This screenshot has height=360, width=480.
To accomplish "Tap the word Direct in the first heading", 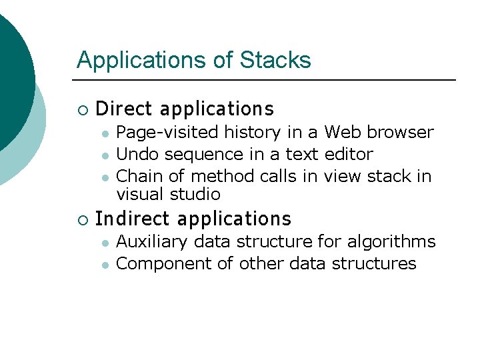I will pyautogui.click(x=124, y=109).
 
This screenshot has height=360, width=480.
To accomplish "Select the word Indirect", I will pyautogui.click(x=134, y=219).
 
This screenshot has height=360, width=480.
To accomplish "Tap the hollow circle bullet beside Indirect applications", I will pyautogui.click(x=82, y=219).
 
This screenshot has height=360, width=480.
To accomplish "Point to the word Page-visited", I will pyautogui.click(x=168, y=133).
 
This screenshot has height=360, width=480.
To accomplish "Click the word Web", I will pyautogui.click(x=343, y=132).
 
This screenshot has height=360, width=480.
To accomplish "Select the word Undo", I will pyautogui.click(x=137, y=154).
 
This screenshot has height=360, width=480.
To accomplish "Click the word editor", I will pyautogui.click(x=349, y=154).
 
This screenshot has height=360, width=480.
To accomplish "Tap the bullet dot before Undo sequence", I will pyautogui.click(x=105, y=155).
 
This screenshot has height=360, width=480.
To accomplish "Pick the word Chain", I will pyautogui.click(x=139, y=176).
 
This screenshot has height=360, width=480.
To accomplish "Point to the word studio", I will pyautogui.click(x=196, y=194).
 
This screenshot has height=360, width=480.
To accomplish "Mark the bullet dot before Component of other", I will pyautogui.click(x=105, y=265).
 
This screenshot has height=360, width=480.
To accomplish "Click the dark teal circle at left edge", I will pyautogui.click(x=12, y=80).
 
